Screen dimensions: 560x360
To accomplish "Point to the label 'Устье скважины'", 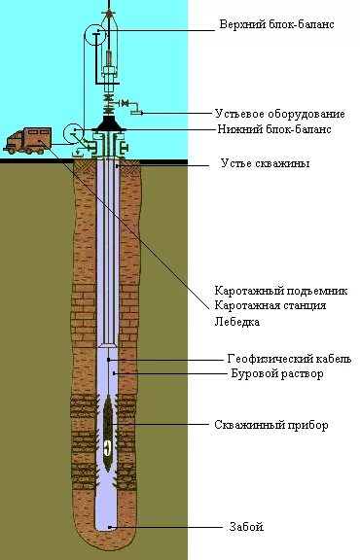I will click(265, 164).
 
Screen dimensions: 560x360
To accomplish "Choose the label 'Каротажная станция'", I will click(270, 305).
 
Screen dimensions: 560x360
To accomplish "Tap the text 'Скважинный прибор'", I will click(271, 425).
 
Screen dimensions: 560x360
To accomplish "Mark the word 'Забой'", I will click(247, 527).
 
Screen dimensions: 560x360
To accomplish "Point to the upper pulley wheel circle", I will click(95, 36).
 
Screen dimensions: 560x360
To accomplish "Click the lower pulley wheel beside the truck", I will click(75, 133).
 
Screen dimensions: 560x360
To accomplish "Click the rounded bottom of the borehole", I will click(108, 524).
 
